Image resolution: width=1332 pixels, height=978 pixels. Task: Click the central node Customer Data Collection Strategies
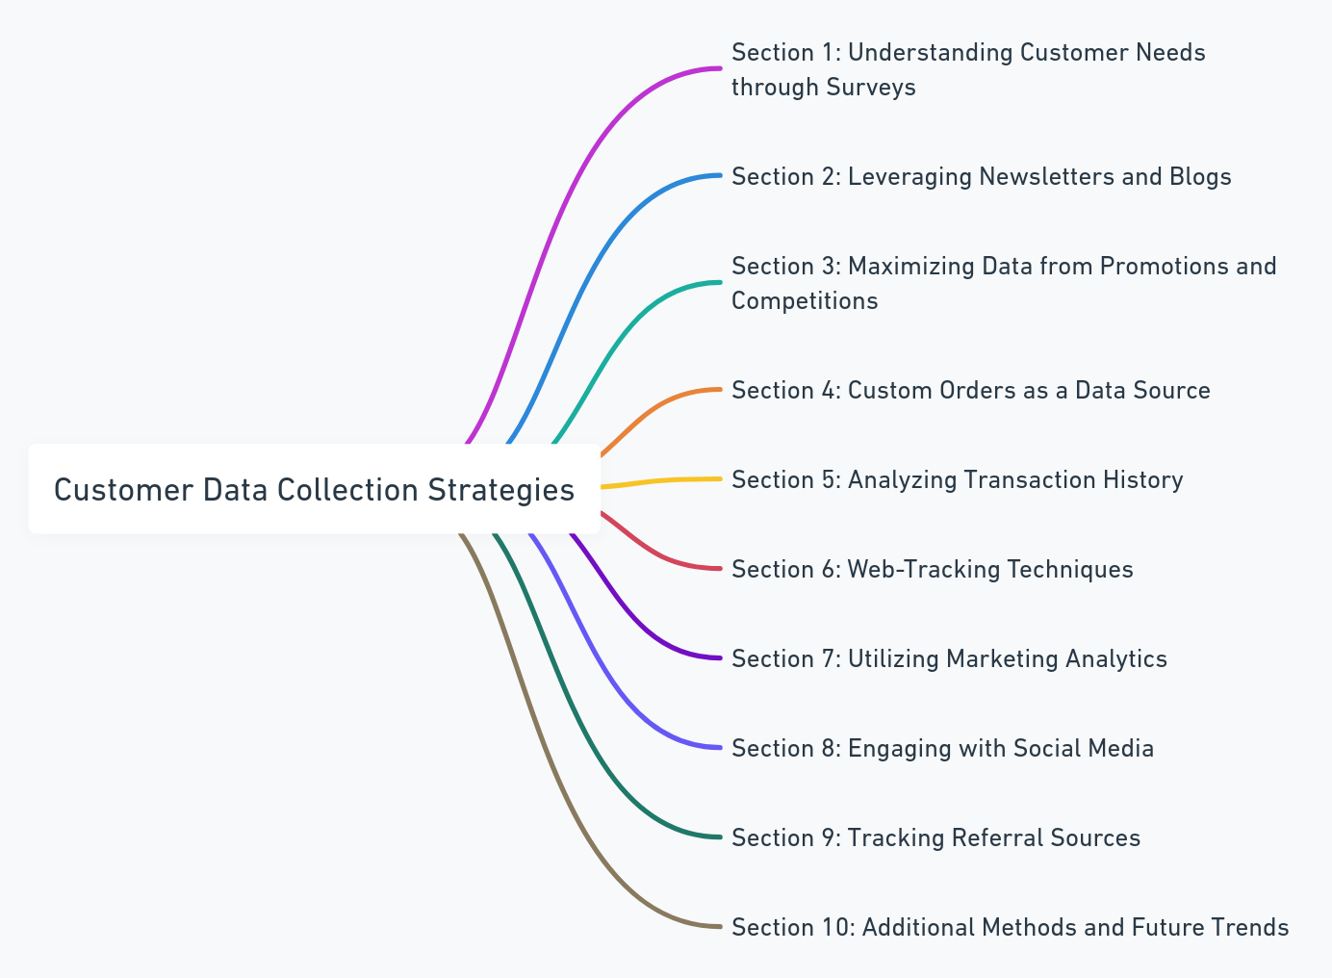tap(314, 489)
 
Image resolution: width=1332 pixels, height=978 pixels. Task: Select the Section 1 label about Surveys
tap(967, 69)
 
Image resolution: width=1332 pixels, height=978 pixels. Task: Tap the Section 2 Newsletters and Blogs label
tap(981, 177)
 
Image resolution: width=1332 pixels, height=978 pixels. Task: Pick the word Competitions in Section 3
tap(805, 300)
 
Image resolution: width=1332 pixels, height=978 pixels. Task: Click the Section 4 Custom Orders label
tap(970, 390)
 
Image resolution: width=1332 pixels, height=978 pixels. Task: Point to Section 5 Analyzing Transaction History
tap(957, 479)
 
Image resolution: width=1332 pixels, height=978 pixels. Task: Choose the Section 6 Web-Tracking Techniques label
tap(932, 569)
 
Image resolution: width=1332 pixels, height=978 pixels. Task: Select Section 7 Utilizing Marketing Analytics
tap(949, 658)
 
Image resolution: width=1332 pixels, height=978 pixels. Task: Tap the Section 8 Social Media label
tap(942, 748)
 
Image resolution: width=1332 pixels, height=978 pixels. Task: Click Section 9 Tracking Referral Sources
tap(935, 837)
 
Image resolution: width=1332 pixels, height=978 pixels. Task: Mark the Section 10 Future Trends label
tap(1010, 927)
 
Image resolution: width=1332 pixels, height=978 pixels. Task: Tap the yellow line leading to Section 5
tap(664, 479)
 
